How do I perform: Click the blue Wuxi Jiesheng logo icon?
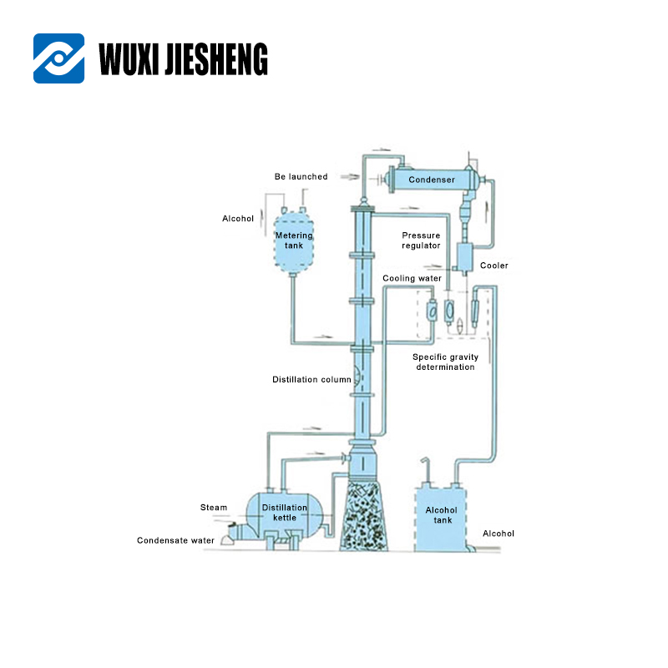(58, 58)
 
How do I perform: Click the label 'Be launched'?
(301, 177)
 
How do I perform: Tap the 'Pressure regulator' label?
(421, 240)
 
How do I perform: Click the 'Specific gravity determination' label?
(446, 362)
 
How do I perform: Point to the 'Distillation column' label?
(311, 380)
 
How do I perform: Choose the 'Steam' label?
(214, 508)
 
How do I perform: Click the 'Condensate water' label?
(175, 540)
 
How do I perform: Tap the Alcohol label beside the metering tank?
(238, 219)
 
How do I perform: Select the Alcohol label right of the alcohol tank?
(498, 534)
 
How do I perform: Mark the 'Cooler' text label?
(493, 266)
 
